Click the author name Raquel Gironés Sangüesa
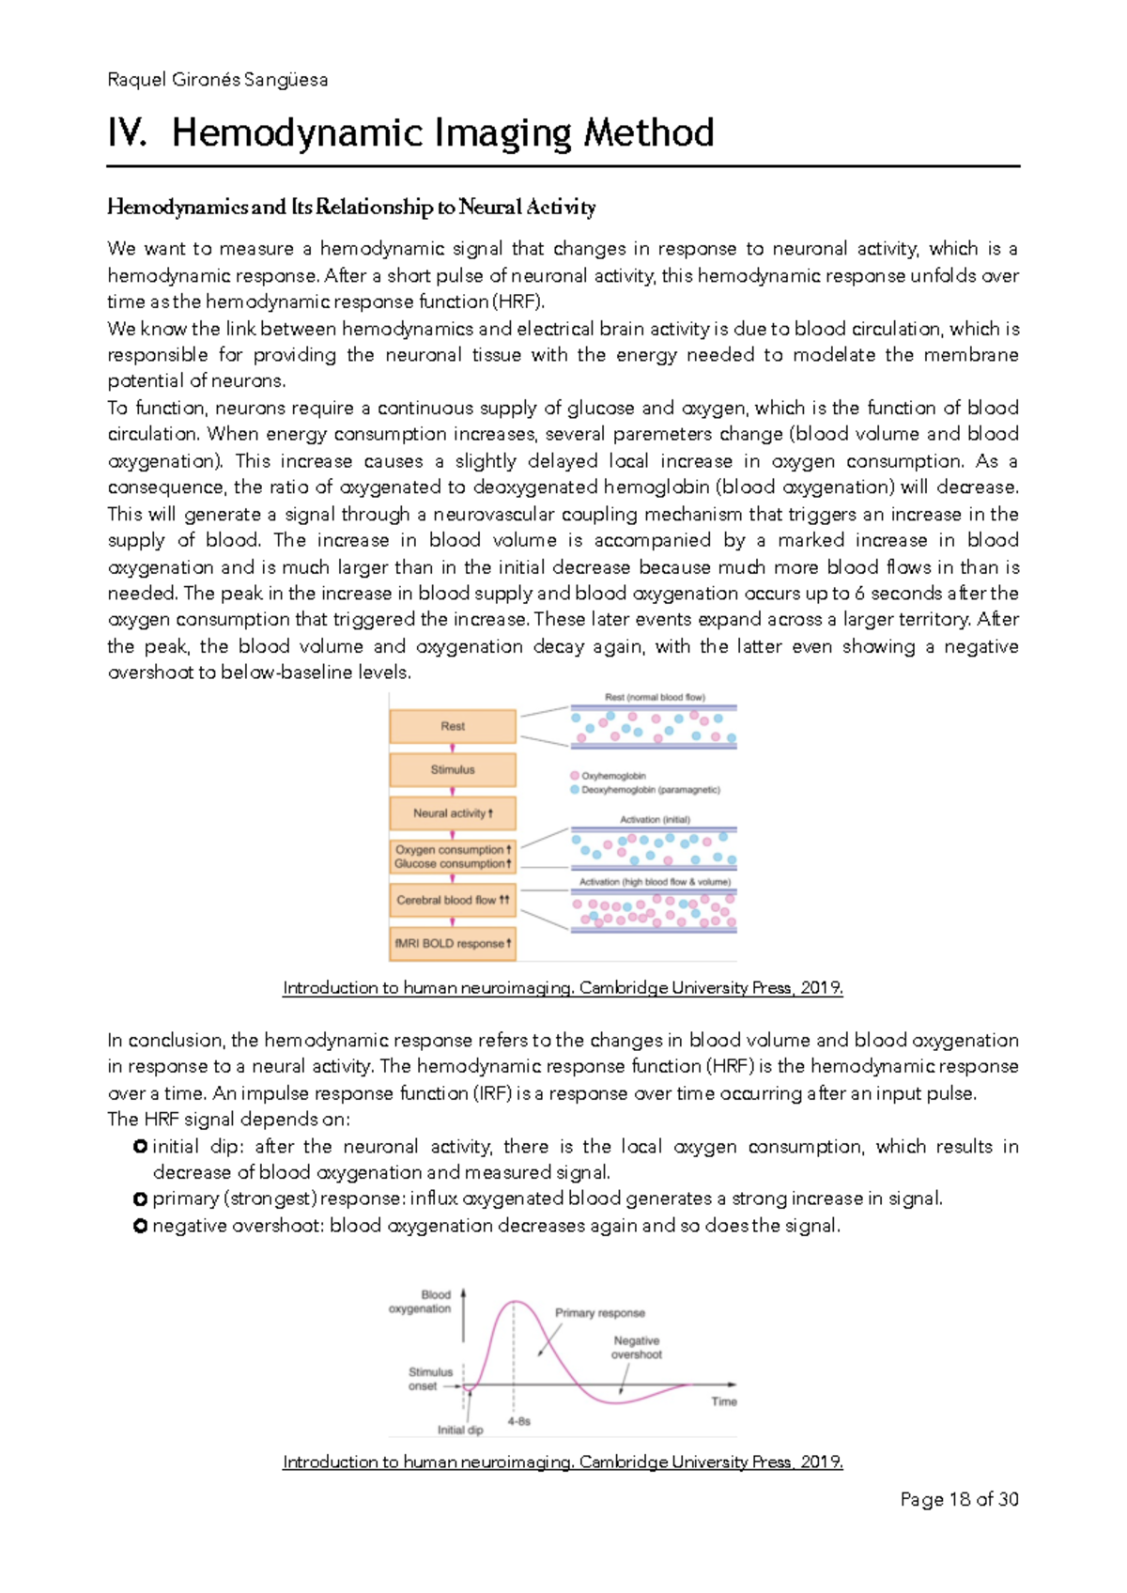tap(218, 80)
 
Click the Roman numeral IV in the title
tap(127, 132)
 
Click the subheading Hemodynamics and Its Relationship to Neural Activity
tap(351, 207)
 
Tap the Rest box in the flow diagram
tap(453, 726)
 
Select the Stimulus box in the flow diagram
tap(453, 769)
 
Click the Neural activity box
tap(453, 813)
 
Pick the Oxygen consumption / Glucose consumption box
tap(453, 857)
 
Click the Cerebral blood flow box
tap(453, 900)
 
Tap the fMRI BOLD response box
tap(453, 943)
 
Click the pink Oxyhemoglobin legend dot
tap(575, 776)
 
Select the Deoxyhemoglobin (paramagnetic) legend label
tap(651, 790)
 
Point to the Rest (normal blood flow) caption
tap(655, 698)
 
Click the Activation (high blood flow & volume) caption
tap(655, 882)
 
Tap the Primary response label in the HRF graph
tap(599, 1313)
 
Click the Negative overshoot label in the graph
tap(637, 1348)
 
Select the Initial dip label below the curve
tap(460, 1430)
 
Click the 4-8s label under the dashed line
tap(519, 1421)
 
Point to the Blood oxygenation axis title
tap(422, 1302)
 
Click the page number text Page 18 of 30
tap(959, 1500)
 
